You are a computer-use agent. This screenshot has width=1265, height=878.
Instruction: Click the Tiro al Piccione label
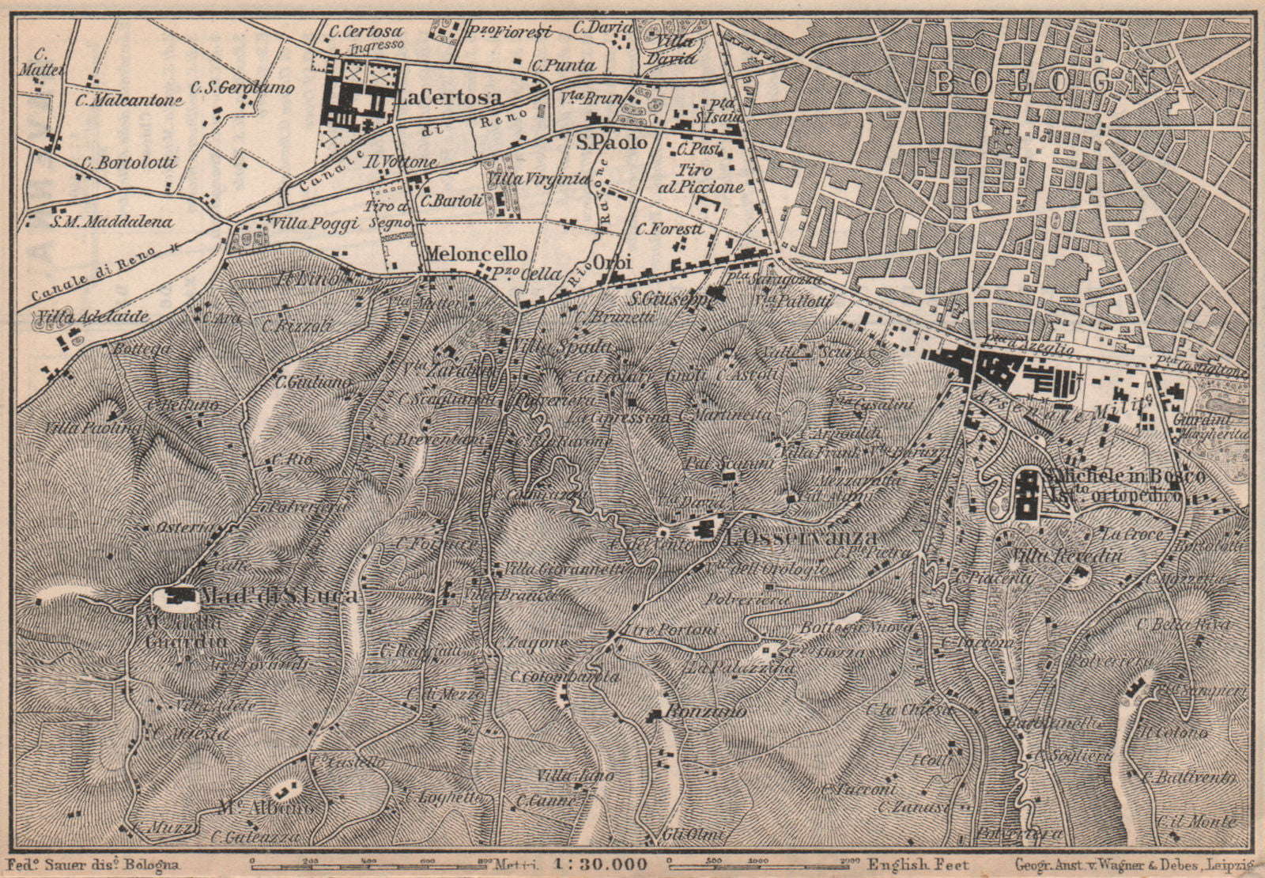pyautogui.click(x=709, y=179)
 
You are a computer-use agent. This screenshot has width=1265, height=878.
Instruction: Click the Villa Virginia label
pyautogui.click(x=539, y=180)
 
